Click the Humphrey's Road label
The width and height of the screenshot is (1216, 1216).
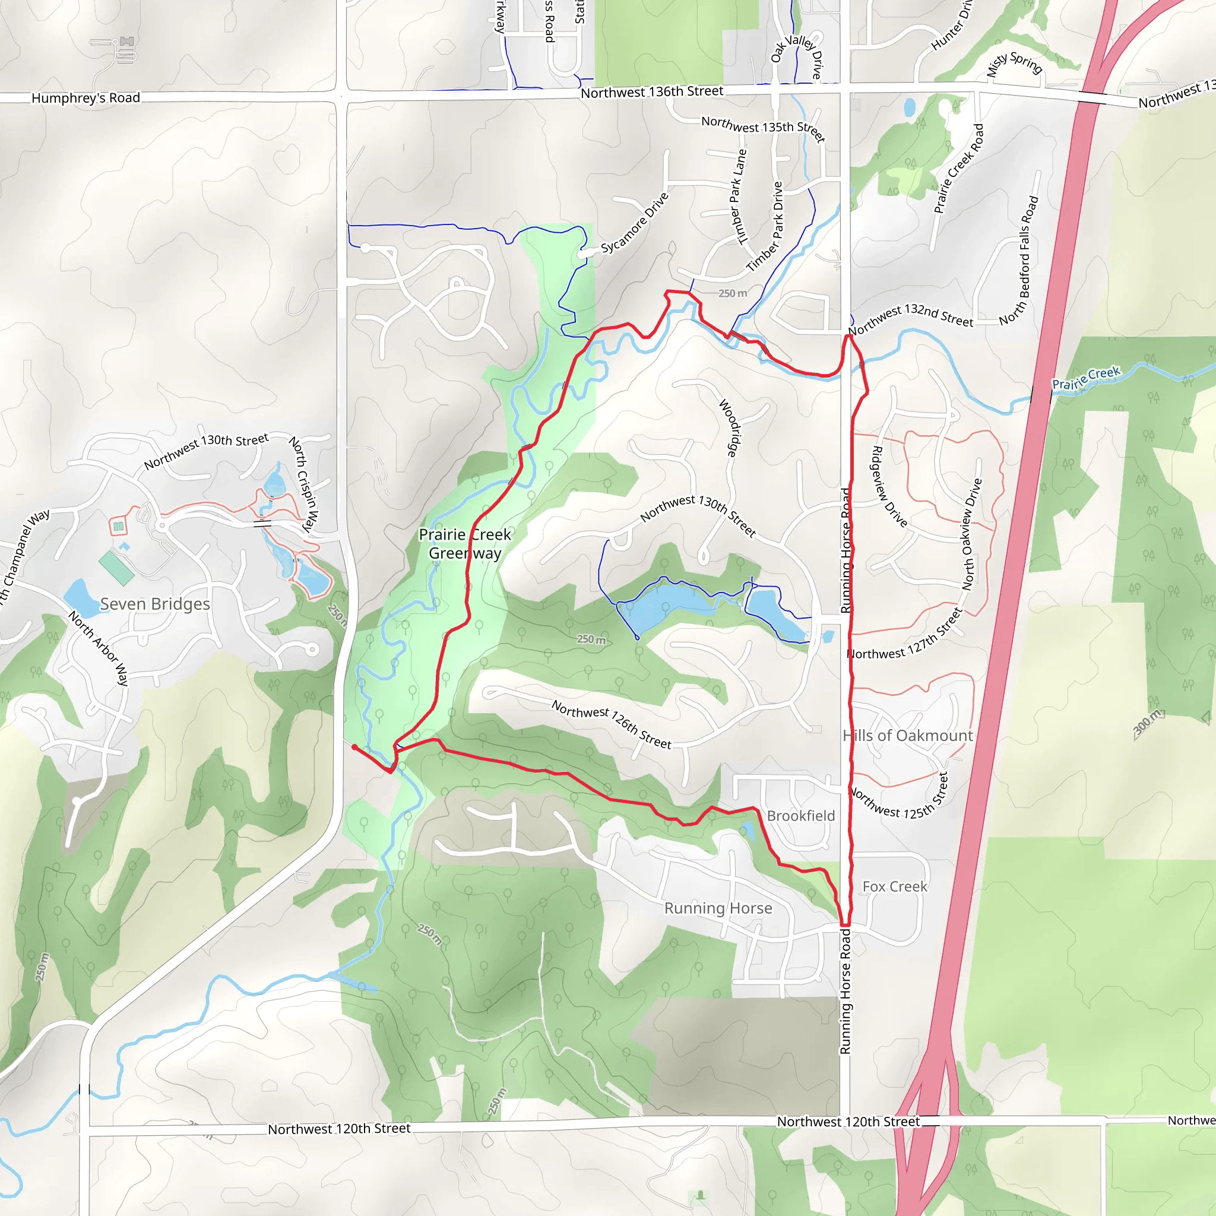click(85, 97)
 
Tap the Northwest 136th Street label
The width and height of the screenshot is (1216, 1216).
click(651, 92)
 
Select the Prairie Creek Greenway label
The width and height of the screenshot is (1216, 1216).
click(465, 544)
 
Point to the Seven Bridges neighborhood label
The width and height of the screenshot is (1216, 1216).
click(155, 604)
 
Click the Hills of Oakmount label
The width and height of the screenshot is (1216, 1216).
click(908, 735)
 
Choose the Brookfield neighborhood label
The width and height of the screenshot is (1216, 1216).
click(800, 815)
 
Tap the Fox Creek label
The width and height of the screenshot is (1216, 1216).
click(894, 886)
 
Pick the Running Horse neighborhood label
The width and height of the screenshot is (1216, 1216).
click(718, 908)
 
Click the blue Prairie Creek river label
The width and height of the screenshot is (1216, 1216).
click(1087, 378)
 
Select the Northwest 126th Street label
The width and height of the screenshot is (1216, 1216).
click(611, 724)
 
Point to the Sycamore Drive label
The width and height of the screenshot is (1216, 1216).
click(635, 223)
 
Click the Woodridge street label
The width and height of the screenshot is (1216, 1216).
click(730, 427)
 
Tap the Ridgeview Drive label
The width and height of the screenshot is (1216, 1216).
click(889, 486)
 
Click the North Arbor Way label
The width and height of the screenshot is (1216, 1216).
click(98, 648)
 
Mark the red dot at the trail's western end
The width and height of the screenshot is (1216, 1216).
click(354, 747)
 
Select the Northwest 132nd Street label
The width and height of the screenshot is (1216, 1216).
click(910, 315)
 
